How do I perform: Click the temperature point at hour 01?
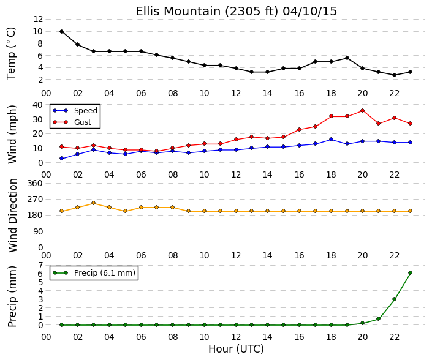(61, 32)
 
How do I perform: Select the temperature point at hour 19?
(347, 58)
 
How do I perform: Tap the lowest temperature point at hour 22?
(394, 75)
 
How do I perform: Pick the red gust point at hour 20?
(363, 111)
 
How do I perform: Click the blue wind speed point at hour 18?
(331, 140)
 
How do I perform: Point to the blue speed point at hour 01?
(61, 159)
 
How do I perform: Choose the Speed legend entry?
(75, 111)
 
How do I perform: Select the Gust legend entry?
(72, 122)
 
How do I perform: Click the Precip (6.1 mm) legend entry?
(94, 272)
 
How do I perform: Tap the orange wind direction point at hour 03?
(93, 203)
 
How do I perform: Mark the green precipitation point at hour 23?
(410, 272)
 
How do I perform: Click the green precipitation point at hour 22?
(394, 299)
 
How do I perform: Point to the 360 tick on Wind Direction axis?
(35, 183)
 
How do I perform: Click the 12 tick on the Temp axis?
(38, 19)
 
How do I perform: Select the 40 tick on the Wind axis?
(38, 105)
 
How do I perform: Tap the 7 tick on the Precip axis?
(40, 265)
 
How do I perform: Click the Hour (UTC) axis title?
(236, 349)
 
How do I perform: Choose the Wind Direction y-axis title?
(13, 216)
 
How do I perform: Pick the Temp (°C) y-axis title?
(11, 54)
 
